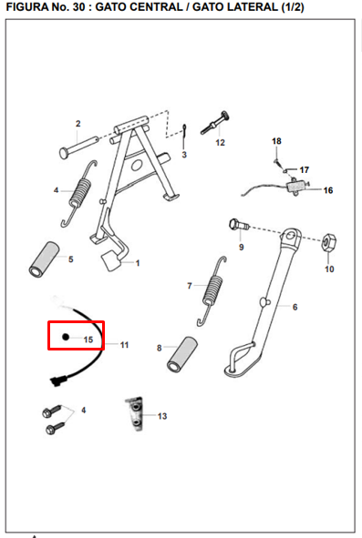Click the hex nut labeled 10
point(327,241)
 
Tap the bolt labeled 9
point(238,225)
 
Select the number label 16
point(328,190)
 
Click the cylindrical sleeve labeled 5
point(44,259)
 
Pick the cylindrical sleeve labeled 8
point(181,354)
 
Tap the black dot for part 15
point(66,337)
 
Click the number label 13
point(162,416)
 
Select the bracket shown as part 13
point(135,413)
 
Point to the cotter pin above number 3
point(184,132)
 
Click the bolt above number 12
point(215,123)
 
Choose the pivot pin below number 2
point(78,147)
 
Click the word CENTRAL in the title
point(156,7)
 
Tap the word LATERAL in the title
point(235,7)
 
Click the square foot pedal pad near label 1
point(110,260)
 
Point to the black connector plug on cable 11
point(57,381)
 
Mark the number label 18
point(276,141)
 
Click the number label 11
point(124,345)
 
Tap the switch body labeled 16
point(295,187)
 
